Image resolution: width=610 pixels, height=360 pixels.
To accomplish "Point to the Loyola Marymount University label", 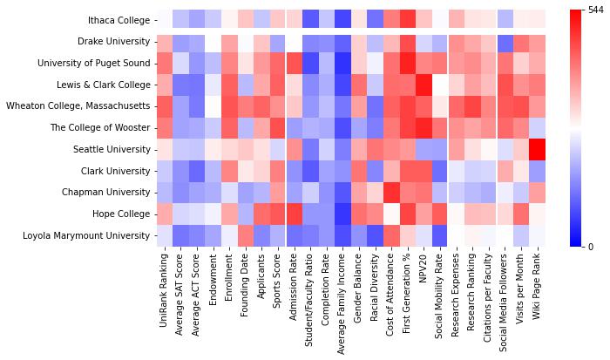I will pos(88,235).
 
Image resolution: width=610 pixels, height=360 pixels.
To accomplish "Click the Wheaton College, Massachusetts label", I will pos(78,106).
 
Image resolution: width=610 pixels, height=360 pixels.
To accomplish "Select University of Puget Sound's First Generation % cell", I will pos(410,63).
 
